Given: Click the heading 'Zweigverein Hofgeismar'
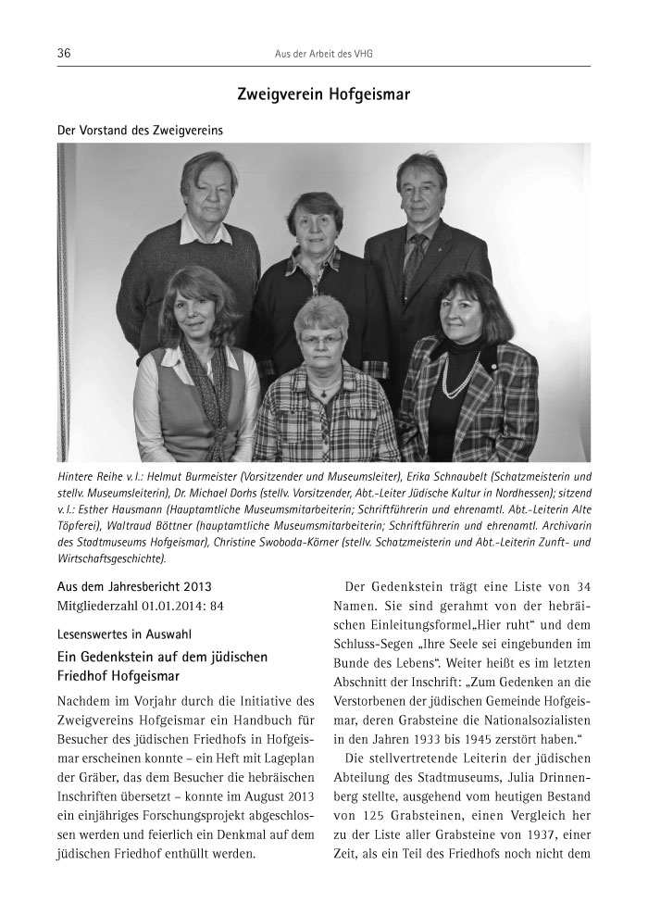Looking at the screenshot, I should point(323,94).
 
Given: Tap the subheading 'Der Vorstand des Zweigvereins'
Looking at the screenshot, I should point(141,131).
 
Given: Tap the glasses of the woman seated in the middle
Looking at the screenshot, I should point(320,341).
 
